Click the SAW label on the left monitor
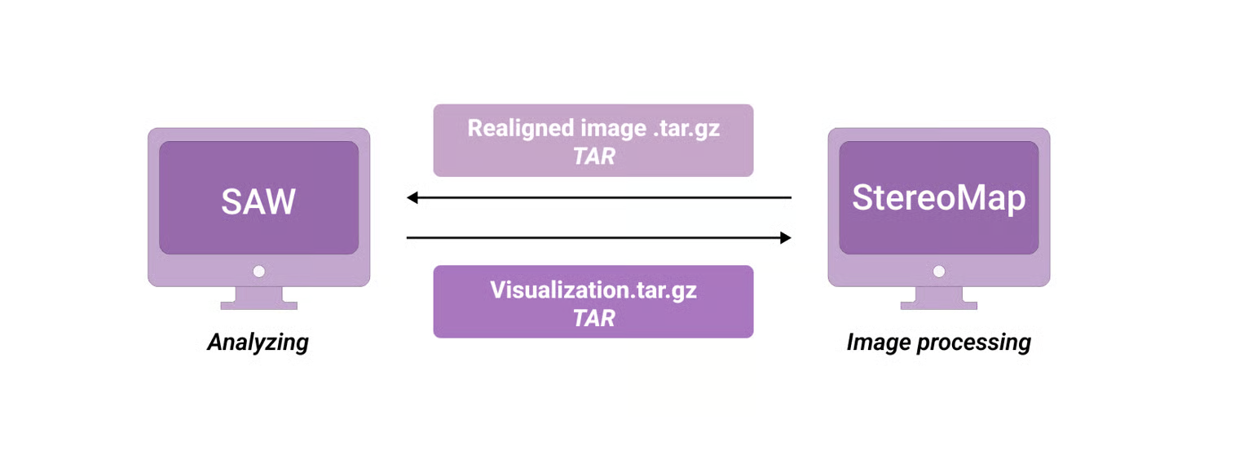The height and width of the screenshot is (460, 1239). pyautogui.click(x=258, y=201)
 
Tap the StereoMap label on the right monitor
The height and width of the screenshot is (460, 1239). pyautogui.click(x=938, y=198)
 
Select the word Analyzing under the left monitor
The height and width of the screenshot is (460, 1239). pyautogui.click(x=258, y=342)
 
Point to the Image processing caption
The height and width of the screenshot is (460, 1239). pyautogui.click(x=938, y=342)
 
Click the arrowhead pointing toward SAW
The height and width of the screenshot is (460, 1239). pyautogui.click(x=412, y=197)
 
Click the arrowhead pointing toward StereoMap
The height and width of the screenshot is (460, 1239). pyautogui.click(x=785, y=238)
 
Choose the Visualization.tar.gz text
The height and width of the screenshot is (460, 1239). pyautogui.click(x=593, y=290)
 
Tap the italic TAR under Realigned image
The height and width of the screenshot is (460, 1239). pyautogui.click(x=593, y=155)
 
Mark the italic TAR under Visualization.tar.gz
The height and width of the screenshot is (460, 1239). pyautogui.click(x=593, y=317)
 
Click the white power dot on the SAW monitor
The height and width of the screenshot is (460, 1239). pyautogui.click(x=258, y=271)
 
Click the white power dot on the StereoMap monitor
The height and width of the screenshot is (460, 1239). pyautogui.click(x=939, y=271)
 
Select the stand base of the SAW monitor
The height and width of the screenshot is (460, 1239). pyautogui.click(x=258, y=305)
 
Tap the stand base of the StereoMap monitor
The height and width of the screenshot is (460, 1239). pyautogui.click(x=939, y=305)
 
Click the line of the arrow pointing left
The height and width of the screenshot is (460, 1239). pyautogui.click(x=599, y=197)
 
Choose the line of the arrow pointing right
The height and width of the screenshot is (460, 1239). pyautogui.click(x=599, y=238)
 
